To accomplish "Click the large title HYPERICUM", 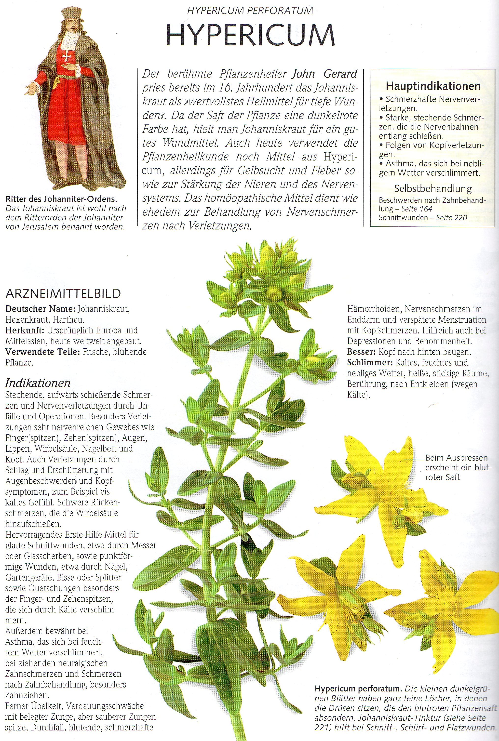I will coord(250,35).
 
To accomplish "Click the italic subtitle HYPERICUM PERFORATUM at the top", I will coord(250,11).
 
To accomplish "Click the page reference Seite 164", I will coord(417,209).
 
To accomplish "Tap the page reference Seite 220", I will coord(452,217).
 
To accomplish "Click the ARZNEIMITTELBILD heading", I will coord(63,293).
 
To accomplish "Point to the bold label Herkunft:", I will coord(24,330).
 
